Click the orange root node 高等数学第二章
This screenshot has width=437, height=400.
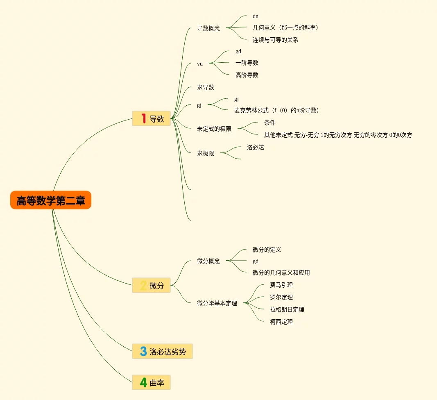51,200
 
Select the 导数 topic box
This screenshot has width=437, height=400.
151,118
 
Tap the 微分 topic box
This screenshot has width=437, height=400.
151,285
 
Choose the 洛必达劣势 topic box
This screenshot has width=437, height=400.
162,351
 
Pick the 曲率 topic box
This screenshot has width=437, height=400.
151,382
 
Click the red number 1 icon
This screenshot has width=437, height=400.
143,118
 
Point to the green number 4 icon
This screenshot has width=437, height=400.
143,382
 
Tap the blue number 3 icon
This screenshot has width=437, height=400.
143,351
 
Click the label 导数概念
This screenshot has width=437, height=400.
208,28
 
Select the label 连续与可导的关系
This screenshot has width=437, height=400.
275,40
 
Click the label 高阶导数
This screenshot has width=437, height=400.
247,75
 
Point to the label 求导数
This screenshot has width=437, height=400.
206,87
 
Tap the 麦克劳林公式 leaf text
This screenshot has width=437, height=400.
276,110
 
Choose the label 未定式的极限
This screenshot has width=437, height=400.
214,129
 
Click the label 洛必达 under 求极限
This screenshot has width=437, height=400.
256,147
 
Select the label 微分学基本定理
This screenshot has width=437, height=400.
217,303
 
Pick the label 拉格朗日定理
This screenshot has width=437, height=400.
287,309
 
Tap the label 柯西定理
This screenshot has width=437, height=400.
281,322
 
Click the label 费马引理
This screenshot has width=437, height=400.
281,285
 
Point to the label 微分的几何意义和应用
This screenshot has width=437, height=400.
281,273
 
